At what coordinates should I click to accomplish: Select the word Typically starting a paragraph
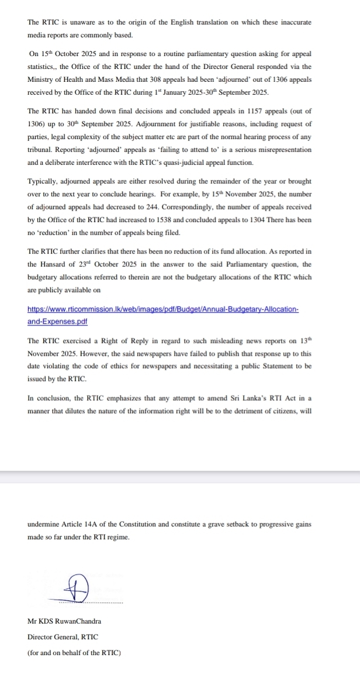click(44, 181)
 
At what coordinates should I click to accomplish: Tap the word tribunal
click(42, 150)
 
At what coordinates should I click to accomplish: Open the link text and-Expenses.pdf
click(57, 321)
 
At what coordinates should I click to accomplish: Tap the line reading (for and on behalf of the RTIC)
click(74, 652)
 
